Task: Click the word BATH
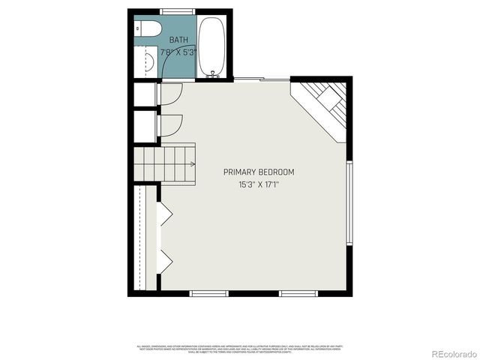(178, 40)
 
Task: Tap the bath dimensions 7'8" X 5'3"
(178, 52)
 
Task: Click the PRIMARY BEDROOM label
(259, 172)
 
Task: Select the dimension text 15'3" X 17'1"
(259, 184)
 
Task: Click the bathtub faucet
(212, 73)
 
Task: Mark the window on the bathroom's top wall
(175, 11)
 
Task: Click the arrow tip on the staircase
(193, 163)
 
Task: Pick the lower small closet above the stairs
(144, 124)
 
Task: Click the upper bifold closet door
(164, 214)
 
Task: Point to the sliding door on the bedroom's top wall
(261, 79)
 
